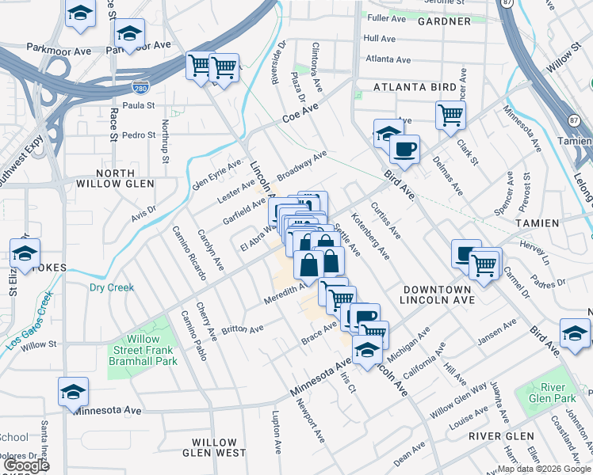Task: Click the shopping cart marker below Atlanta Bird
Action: [x=450, y=115]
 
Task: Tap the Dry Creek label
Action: [x=111, y=287]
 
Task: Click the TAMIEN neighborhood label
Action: [x=537, y=224]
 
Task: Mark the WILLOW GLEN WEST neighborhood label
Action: [x=214, y=447]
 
